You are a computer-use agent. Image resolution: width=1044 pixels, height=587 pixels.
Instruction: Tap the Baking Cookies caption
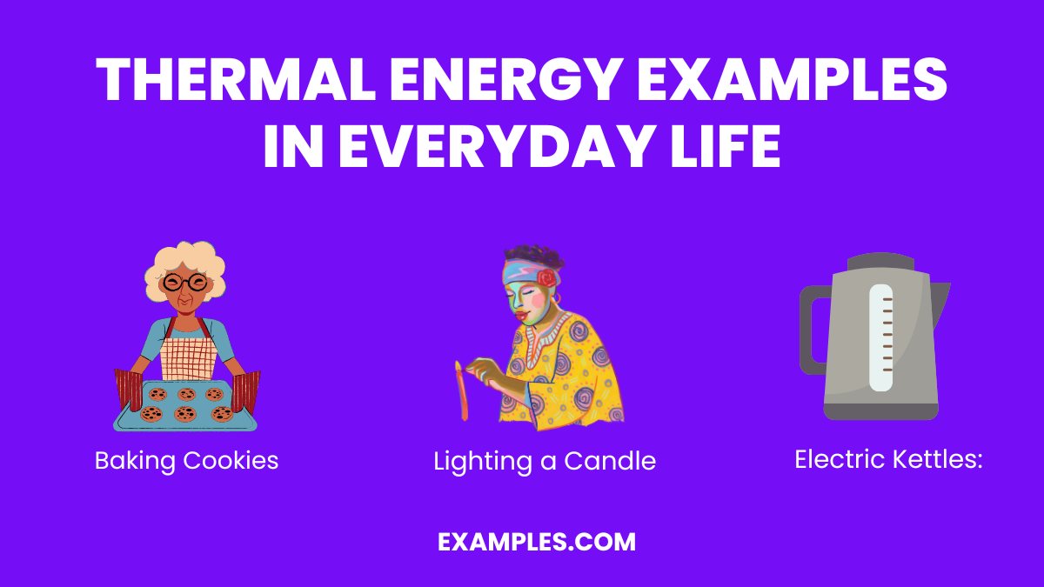pos(186,460)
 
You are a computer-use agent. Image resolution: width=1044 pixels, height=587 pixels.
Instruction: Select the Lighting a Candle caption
pos(545,461)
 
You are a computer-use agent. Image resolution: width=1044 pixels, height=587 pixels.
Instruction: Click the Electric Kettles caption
pos(887,459)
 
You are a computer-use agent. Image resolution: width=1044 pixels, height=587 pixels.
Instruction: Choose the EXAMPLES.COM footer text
pos(537,543)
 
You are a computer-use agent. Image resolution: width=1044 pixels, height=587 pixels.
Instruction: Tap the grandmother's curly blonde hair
pos(184,257)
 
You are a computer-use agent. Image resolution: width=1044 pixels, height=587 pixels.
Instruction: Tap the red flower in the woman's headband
pos(545,278)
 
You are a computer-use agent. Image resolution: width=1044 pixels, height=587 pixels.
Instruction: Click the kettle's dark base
pos(880,410)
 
